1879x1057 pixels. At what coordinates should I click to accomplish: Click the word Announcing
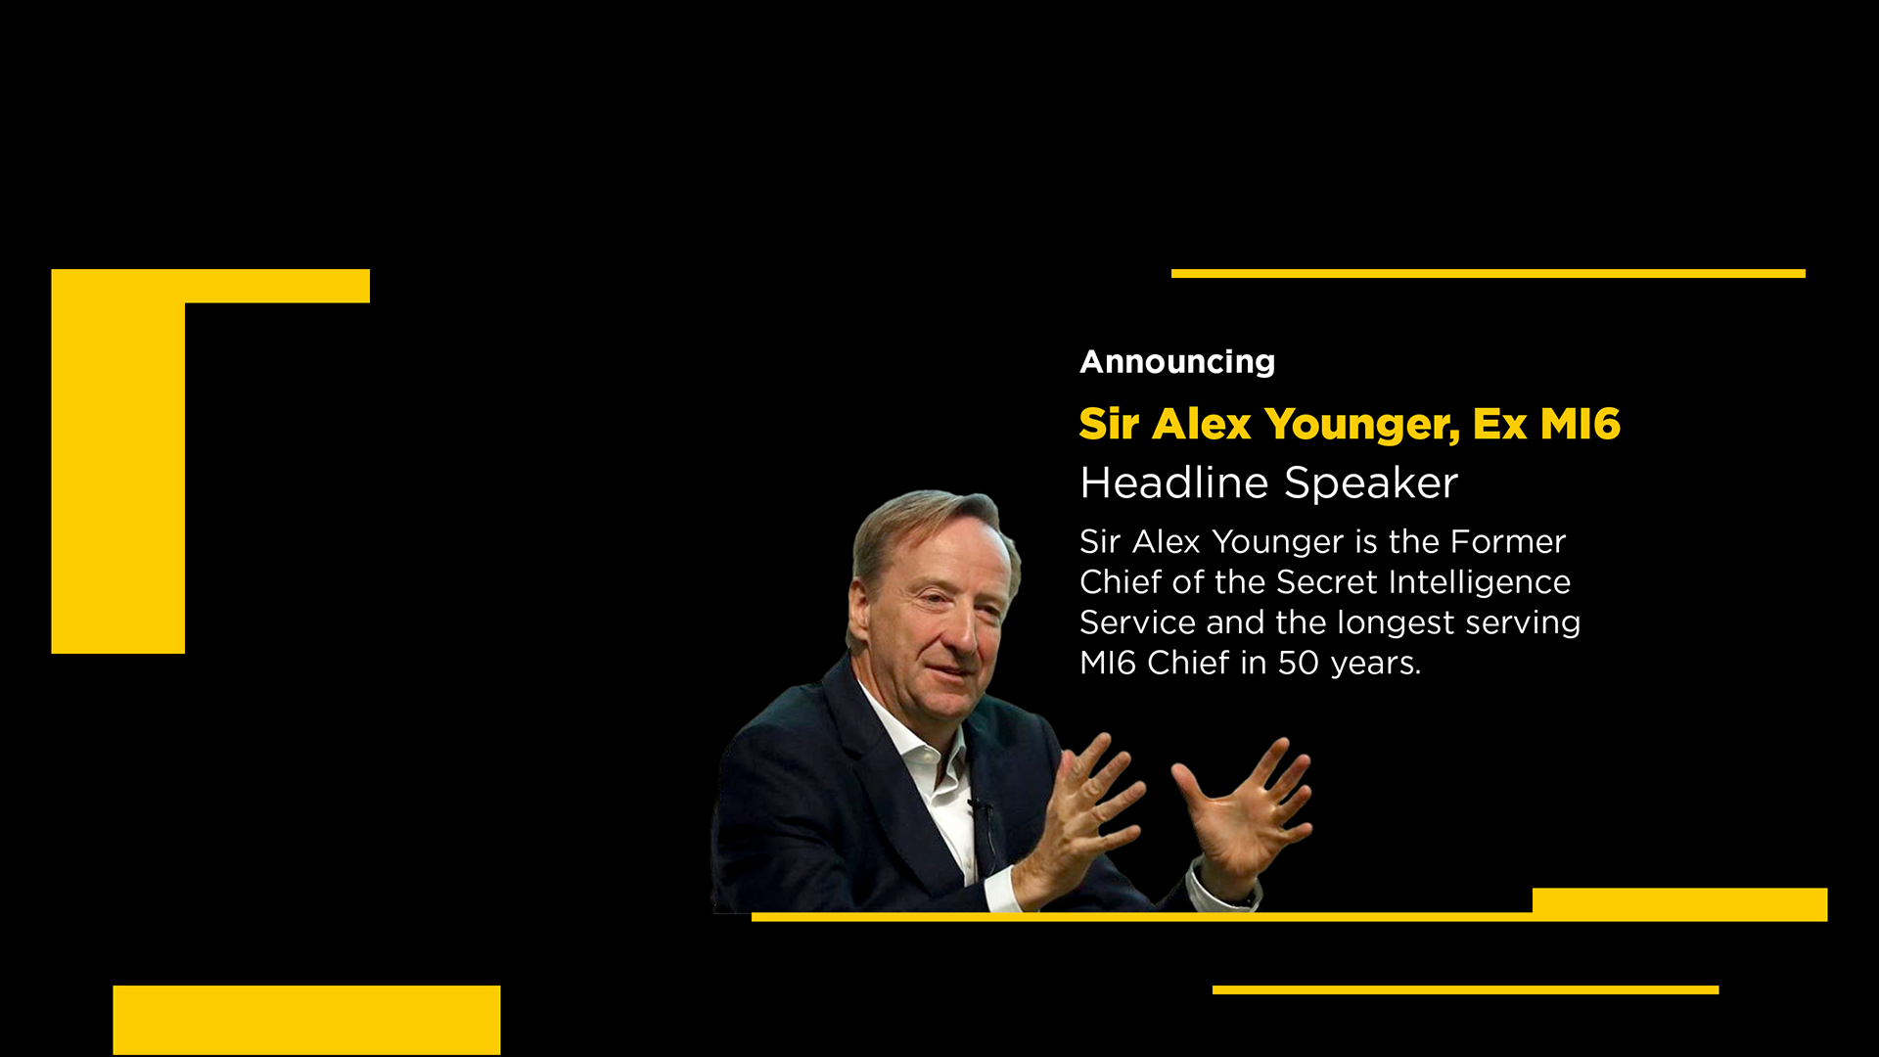coord(1177,362)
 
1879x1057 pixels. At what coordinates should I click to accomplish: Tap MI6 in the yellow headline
coord(1580,424)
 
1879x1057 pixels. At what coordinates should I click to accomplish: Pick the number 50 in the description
coord(1299,664)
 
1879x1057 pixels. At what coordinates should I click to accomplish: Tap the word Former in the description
coord(1508,542)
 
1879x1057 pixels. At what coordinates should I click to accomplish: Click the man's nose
coord(962,637)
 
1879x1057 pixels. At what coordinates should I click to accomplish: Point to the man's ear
coord(860,614)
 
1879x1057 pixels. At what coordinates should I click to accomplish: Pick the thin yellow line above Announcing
coord(1489,274)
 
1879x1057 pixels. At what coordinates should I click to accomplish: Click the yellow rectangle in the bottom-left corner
coord(306,1020)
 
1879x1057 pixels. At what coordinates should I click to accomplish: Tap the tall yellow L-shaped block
coord(117,460)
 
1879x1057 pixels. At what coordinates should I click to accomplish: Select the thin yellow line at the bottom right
coord(1465,990)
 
